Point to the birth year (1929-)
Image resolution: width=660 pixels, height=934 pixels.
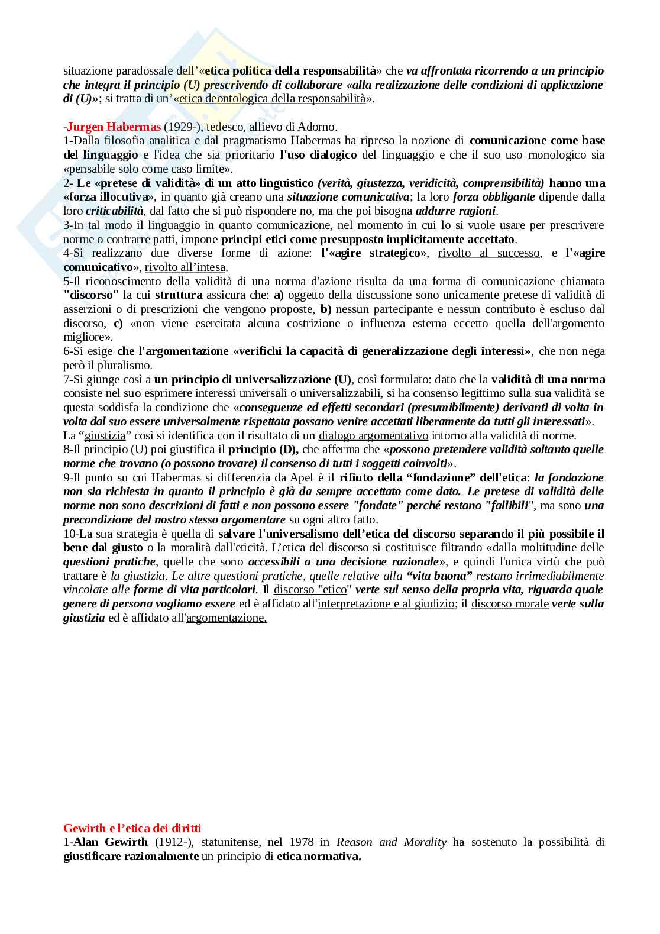tap(182, 127)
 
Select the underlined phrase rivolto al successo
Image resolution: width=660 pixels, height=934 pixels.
tap(488, 253)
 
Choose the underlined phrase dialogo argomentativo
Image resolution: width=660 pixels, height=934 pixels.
tap(373, 436)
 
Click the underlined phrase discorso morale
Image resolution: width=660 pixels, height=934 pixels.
tap(509, 604)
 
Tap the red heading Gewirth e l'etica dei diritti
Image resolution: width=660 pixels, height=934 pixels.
tap(132, 829)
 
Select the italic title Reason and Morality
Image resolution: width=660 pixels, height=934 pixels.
tap(391, 842)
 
